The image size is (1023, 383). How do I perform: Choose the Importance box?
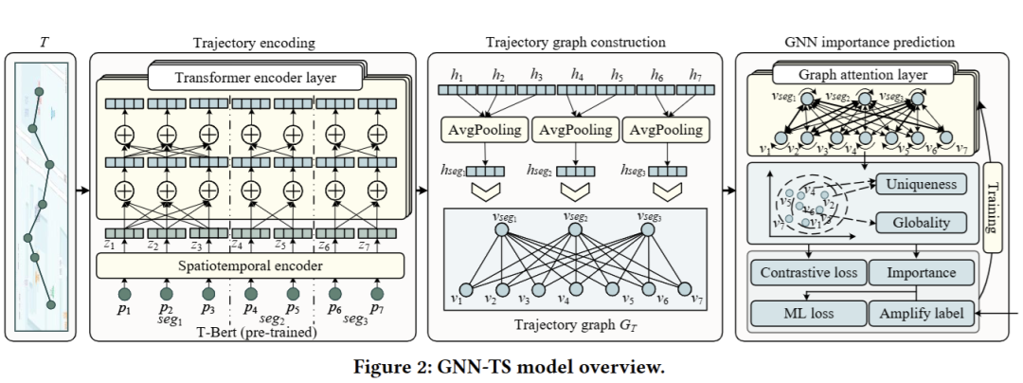(922, 273)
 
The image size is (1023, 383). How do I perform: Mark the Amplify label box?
(922, 312)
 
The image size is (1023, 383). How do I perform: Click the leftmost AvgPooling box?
(480, 129)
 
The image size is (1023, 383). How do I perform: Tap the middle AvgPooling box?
(574, 129)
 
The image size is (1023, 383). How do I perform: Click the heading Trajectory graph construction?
(575, 42)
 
